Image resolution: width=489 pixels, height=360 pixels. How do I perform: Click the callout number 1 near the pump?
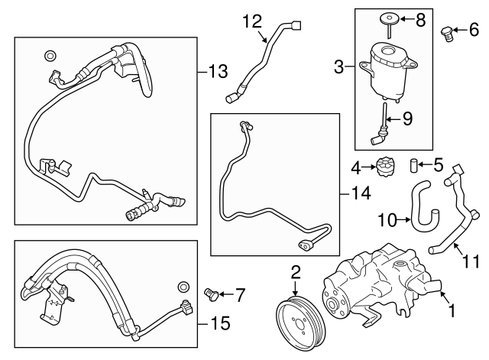pyautogui.click(x=451, y=312)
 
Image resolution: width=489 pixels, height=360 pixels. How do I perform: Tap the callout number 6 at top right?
pyautogui.click(x=474, y=31)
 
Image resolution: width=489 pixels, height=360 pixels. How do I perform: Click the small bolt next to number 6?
pyautogui.click(x=449, y=32)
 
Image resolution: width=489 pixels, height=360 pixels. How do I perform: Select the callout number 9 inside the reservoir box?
pyautogui.click(x=407, y=118)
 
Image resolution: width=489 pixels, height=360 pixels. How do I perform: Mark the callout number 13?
pyautogui.click(x=218, y=73)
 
